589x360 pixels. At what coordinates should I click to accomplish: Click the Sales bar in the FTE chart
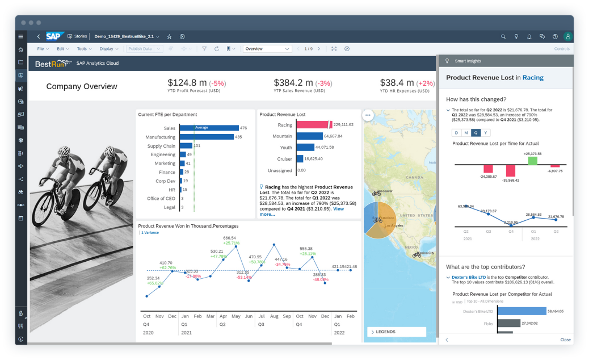208,128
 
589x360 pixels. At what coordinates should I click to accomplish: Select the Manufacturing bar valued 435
207,137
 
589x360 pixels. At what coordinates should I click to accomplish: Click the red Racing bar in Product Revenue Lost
312,124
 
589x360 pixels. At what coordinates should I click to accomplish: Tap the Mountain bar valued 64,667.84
309,136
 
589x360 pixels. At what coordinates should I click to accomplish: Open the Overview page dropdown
267,49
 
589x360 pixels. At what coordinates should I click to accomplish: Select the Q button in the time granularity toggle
476,132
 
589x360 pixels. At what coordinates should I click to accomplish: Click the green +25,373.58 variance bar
532,161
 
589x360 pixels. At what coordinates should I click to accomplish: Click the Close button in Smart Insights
565,340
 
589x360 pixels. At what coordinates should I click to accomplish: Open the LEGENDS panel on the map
396,332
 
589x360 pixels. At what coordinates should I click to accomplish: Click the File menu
42,49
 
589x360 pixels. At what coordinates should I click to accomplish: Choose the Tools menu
83,49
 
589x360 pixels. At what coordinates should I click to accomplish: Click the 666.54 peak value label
230,238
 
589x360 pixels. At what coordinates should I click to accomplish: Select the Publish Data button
140,49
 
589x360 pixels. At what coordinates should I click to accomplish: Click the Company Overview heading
82,86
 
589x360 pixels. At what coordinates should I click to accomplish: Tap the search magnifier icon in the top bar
503,36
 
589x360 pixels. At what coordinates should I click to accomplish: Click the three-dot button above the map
368,115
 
